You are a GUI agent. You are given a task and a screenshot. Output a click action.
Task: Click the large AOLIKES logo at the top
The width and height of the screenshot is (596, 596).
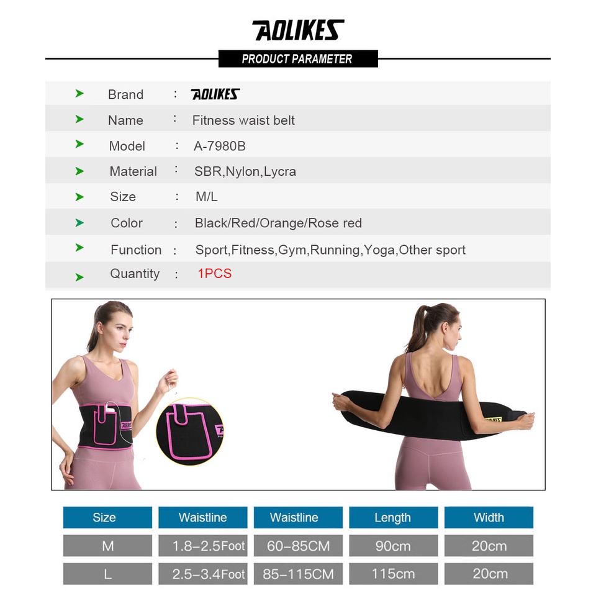[298, 30]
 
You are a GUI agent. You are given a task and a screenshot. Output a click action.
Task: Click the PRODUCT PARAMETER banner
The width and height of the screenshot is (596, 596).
[298, 59]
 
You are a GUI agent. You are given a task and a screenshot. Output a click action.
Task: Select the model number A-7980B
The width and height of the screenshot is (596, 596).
[220, 146]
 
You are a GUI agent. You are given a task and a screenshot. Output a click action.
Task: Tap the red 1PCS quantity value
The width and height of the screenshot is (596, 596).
[214, 274]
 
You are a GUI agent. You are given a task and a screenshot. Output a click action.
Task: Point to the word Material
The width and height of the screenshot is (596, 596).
[133, 171]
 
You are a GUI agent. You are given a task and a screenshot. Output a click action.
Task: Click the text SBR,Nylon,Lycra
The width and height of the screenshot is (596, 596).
[245, 171]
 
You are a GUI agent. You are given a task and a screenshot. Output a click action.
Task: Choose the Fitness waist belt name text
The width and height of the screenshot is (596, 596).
[243, 120]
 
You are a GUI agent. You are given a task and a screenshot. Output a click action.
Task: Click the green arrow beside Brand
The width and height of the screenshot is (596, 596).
[79, 94]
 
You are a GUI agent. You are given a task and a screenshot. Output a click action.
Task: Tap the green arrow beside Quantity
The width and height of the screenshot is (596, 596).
[79, 277]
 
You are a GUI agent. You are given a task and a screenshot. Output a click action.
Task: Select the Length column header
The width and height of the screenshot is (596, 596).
[393, 518]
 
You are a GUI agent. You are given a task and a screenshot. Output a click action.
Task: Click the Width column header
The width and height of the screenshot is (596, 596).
[489, 518]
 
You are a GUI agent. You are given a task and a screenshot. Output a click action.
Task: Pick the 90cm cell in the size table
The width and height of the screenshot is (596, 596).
[393, 546]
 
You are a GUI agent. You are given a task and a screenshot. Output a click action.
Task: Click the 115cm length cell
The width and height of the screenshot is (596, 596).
[393, 574]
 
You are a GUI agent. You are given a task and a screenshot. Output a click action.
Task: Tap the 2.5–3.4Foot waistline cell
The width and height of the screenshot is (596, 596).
[202, 574]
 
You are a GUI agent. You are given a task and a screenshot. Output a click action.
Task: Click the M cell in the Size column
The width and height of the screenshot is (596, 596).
[107, 546]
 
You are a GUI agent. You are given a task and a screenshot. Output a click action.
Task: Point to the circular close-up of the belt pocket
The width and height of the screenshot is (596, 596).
[190, 431]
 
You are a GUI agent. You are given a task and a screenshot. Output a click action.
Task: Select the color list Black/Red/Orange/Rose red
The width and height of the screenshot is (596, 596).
[278, 223]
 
